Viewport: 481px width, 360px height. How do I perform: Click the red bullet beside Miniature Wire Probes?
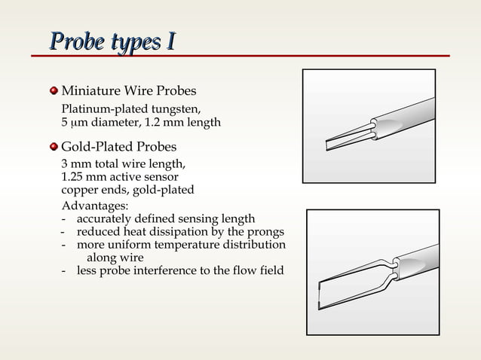pyautogui.click(x=54, y=91)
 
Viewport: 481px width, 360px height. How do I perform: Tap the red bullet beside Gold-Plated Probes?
pyautogui.click(x=54, y=145)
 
